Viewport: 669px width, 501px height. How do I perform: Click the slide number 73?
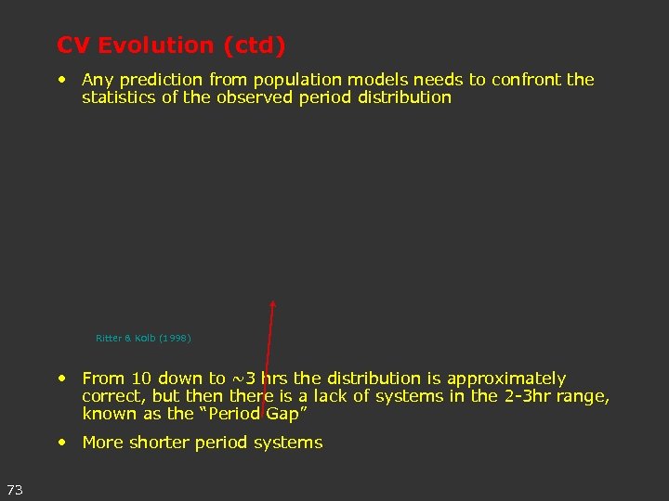click(x=14, y=489)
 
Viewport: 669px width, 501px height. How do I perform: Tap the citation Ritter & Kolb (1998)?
click(x=143, y=339)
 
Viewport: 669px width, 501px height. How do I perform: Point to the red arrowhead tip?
click(x=273, y=302)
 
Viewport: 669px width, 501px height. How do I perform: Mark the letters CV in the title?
click(x=72, y=45)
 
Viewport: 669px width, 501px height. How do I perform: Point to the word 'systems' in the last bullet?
click(x=292, y=443)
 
